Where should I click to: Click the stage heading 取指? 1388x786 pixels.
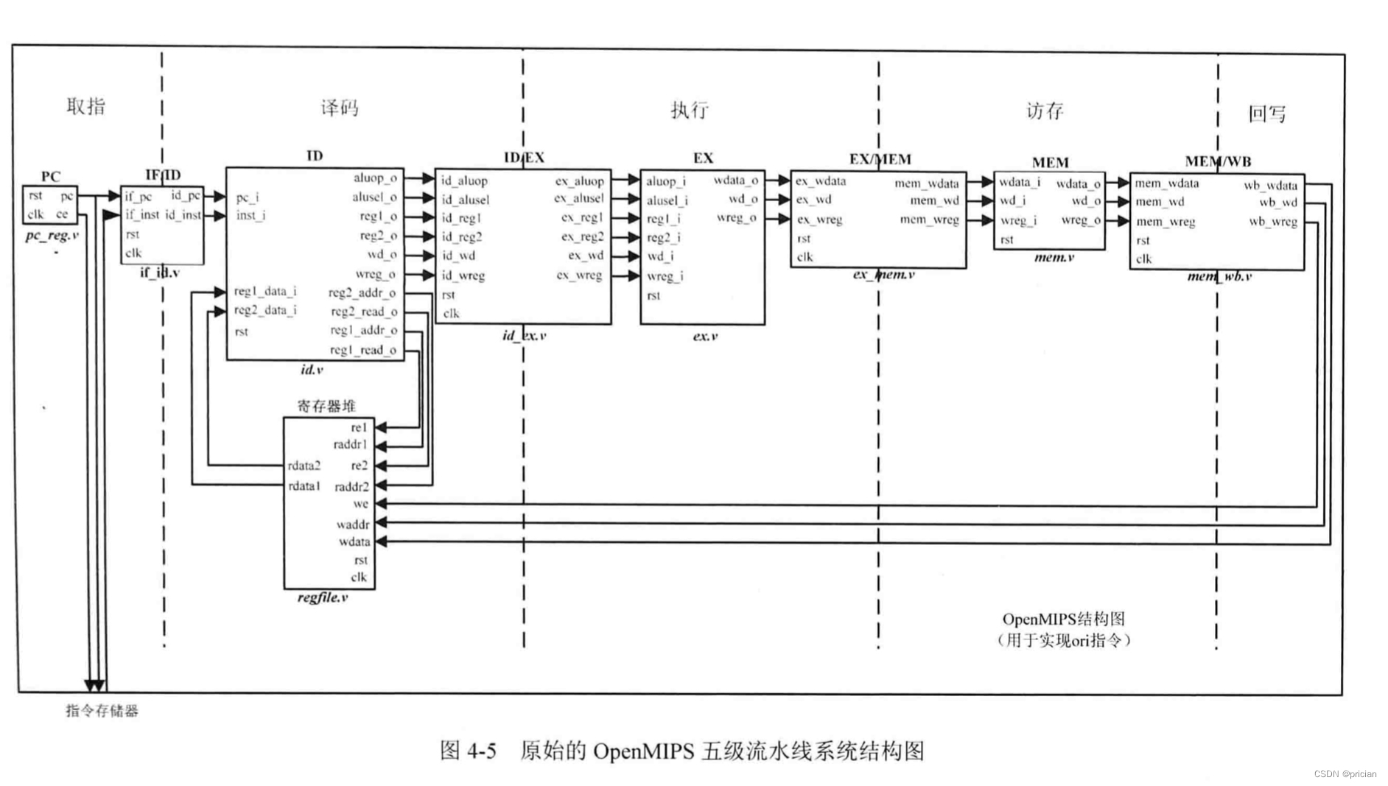pos(85,106)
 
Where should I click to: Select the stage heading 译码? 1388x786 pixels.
pos(340,108)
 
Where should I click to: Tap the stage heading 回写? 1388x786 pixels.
pos(1266,113)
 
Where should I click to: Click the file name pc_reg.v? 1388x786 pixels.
pos(52,236)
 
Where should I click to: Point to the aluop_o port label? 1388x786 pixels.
pos(375,178)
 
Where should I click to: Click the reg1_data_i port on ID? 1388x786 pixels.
pos(265,292)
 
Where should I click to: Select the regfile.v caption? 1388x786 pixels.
pos(323,597)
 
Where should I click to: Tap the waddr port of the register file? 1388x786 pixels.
pos(353,524)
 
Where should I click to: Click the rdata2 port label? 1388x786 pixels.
pos(304,466)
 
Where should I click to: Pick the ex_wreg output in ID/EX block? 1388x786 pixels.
pos(579,276)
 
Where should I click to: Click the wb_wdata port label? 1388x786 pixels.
pos(1270,185)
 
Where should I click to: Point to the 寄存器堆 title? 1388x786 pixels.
pos(326,406)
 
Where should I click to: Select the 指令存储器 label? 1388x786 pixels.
pos(102,711)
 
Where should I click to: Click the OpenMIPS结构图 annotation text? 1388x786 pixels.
pos(1063,620)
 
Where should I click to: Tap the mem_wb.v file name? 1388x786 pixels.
pos(1219,277)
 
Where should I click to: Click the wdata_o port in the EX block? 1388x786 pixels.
pos(735,180)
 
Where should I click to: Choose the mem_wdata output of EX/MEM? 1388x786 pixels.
pos(927,183)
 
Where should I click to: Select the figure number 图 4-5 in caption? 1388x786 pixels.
pos(468,751)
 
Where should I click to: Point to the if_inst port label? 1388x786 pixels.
pos(141,215)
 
